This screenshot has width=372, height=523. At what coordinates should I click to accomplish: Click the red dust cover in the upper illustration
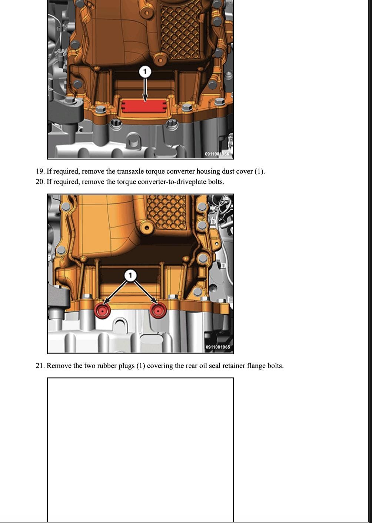(x=144, y=106)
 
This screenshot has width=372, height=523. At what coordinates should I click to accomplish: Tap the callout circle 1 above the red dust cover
(x=145, y=72)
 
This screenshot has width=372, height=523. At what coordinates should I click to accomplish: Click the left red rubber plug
(x=102, y=311)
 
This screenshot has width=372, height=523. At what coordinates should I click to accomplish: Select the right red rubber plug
(x=158, y=311)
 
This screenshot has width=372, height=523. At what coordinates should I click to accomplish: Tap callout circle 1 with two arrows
(x=130, y=276)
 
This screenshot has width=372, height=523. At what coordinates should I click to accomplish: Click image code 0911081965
(x=217, y=347)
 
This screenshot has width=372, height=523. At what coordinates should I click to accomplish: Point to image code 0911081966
(x=217, y=154)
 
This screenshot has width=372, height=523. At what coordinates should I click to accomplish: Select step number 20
(x=40, y=181)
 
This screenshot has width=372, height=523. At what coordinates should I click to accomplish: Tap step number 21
(x=40, y=365)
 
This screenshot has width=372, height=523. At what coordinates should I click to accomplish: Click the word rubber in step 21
(x=107, y=365)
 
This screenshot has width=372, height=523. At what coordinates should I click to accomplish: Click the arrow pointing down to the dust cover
(x=145, y=89)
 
